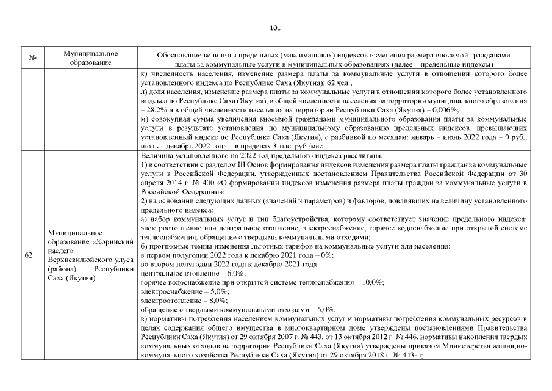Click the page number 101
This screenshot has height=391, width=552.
coord(274,27)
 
